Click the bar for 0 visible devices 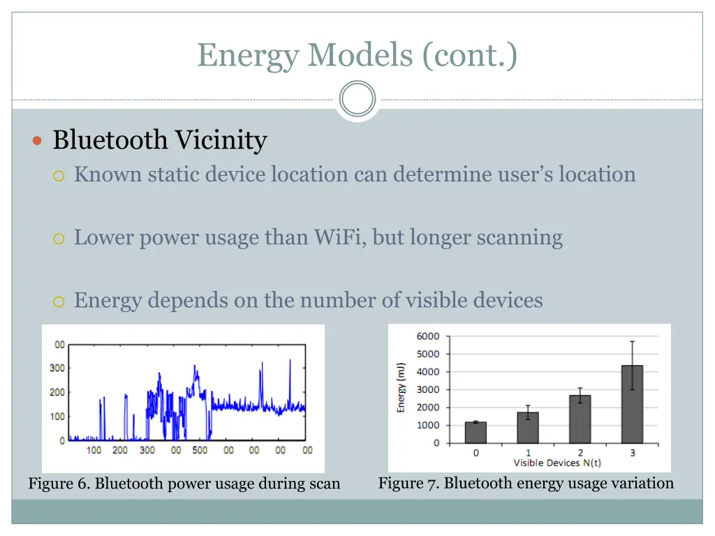click(476, 432)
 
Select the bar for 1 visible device click(528, 427)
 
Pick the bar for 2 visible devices click(580, 419)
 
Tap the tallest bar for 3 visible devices click(632, 404)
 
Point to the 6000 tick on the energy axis click(428, 336)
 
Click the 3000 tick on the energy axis click(428, 389)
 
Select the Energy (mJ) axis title click(401, 387)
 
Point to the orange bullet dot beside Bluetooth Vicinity click(38, 141)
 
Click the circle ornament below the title click(357, 99)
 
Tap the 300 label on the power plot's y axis click(57, 368)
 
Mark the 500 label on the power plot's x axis click(200, 450)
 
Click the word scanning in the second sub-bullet click(519, 237)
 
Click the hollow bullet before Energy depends click(59, 301)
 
